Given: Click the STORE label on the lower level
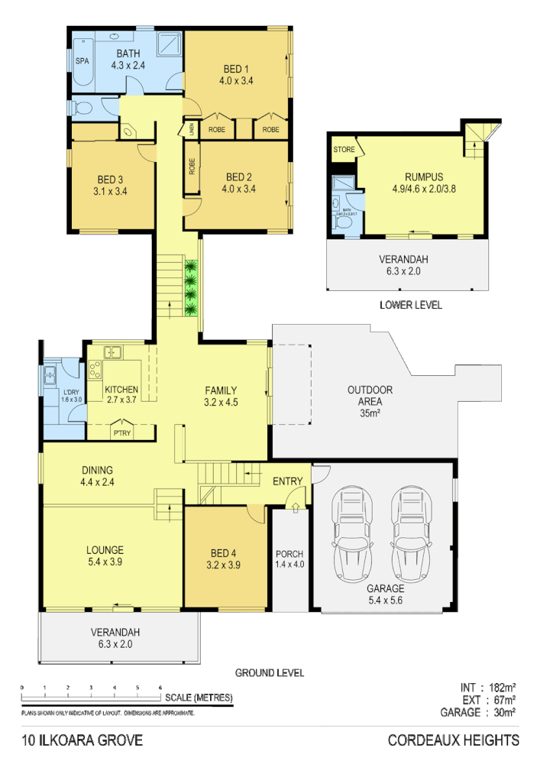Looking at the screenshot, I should pos(343,150).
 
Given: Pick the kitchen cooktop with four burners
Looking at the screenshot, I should pos(96,370).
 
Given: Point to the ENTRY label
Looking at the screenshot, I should pos(288,481).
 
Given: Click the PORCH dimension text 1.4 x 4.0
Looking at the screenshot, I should pos(289,565).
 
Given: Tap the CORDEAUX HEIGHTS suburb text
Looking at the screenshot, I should pos(453,740).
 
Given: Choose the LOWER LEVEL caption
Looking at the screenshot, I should pos(410,305).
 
